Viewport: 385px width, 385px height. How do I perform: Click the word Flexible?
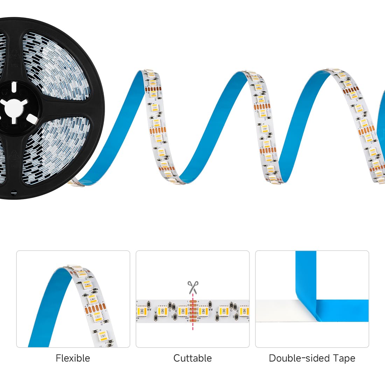click(73, 358)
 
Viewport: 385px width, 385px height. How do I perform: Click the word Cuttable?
click(192, 358)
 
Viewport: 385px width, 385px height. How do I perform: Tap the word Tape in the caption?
click(344, 359)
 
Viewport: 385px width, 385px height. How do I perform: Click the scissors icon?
click(193, 287)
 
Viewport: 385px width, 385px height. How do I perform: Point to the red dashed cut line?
click(193, 312)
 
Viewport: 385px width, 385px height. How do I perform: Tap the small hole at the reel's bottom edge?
click(14, 193)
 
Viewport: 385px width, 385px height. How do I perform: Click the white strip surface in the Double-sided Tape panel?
click(285, 310)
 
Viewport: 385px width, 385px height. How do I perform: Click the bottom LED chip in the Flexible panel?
click(103, 335)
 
